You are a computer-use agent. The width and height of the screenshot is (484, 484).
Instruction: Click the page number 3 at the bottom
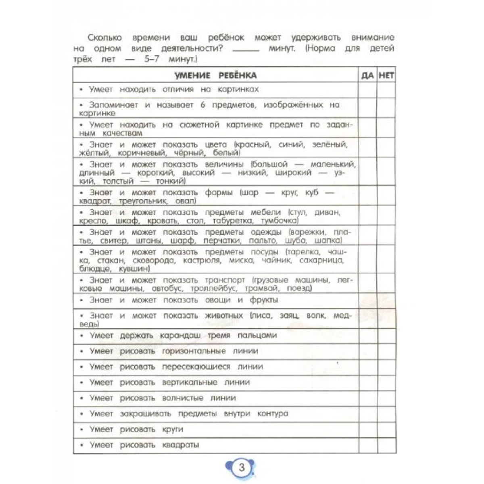pos(242,468)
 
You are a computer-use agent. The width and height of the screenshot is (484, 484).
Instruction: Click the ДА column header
pos(367,75)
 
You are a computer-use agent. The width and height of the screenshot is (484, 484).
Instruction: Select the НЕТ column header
pos(386,75)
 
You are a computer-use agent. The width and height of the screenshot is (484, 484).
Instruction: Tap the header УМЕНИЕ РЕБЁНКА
pos(215,75)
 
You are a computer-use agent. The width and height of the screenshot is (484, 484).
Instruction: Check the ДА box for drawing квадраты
pos(367,445)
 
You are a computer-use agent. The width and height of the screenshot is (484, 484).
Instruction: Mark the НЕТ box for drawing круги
pos(386,430)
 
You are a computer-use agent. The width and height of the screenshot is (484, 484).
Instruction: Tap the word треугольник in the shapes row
pos(143,201)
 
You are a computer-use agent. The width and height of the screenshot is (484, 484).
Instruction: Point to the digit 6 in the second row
pos(202,105)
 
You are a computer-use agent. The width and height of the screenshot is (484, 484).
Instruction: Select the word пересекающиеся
pos(196,367)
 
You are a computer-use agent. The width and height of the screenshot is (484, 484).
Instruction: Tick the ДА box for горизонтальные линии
pos(367,351)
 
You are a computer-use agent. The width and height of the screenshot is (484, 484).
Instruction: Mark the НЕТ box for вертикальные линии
pos(386,382)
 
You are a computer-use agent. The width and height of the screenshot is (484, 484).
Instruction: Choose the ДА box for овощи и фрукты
pos(367,300)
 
